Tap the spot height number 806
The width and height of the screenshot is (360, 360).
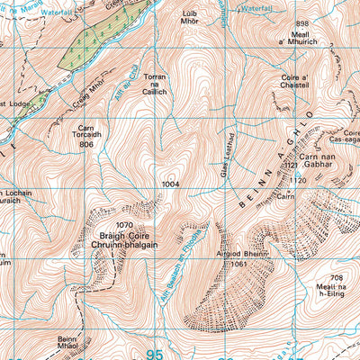(86, 144)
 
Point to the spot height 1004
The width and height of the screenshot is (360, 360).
(173, 184)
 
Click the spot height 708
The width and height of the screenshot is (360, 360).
(337, 277)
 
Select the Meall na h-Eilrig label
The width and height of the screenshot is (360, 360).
(337, 292)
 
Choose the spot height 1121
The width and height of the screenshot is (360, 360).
(290, 166)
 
